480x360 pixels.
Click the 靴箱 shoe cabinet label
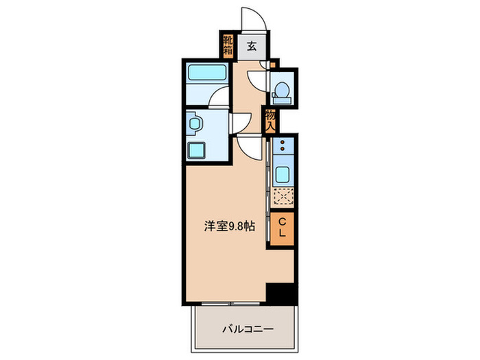coord(228,47)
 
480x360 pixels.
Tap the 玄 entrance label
coord(251,47)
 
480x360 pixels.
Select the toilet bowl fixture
coord(281,90)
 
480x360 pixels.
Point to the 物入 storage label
coord(271,121)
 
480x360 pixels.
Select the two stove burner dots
coord(282,145)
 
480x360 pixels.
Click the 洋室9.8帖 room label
coord(230,227)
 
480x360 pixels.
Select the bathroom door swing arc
coord(219,97)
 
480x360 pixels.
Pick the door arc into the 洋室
coord(250,145)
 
